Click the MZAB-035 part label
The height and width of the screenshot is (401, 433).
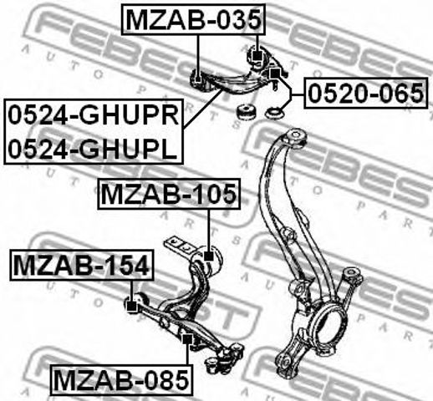(x=193, y=20)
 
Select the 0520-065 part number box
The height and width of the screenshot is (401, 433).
(x=365, y=93)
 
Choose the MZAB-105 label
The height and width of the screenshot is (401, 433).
(x=169, y=194)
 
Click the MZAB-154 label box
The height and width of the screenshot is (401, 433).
(x=82, y=265)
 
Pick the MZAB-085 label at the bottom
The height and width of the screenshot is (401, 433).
(x=121, y=380)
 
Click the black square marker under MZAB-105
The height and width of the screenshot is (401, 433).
(x=209, y=256)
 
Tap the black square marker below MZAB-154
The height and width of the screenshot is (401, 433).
(x=132, y=307)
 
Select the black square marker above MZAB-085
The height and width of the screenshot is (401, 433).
(x=187, y=339)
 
